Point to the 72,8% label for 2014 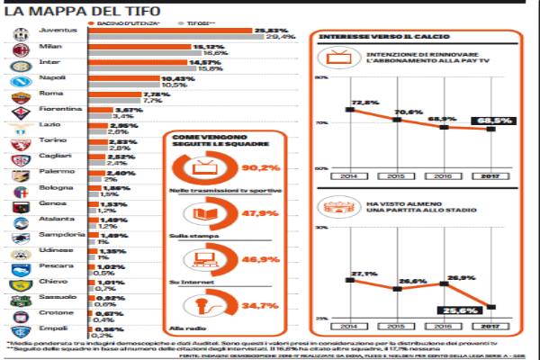coord(363,103)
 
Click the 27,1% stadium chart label coord(363,273)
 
